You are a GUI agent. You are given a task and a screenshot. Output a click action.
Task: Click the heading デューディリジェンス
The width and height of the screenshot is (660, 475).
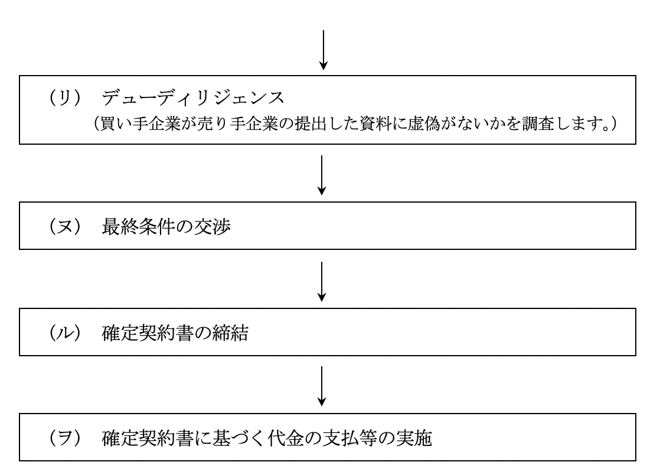(193, 97)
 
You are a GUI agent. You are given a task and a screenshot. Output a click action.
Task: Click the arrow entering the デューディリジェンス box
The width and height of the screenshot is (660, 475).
(324, 50)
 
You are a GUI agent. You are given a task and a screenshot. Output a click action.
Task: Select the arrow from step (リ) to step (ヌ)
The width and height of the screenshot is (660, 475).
(322, 175)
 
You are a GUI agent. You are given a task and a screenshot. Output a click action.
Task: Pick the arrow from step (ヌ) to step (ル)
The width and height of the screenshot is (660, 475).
(322, 281)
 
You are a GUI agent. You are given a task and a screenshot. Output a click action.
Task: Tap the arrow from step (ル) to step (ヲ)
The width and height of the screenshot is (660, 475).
(322, 386)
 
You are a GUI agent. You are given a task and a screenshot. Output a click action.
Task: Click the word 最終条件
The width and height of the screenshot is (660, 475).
(138, 227)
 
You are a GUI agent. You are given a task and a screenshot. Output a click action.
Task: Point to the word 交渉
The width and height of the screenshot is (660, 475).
(212, 227)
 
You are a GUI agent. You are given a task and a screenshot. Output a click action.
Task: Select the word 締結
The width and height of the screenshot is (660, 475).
(230, 333)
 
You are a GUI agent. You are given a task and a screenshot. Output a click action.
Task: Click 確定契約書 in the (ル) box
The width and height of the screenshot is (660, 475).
(148, 333)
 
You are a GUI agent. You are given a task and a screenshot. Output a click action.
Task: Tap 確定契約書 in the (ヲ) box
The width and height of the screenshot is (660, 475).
(148, 438)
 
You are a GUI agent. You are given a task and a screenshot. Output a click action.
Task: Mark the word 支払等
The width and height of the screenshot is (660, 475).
(350, 438)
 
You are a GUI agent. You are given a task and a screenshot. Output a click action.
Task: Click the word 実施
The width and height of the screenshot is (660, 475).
(414, 438)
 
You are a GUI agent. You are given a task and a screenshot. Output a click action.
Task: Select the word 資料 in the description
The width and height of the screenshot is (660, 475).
(376, 123)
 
